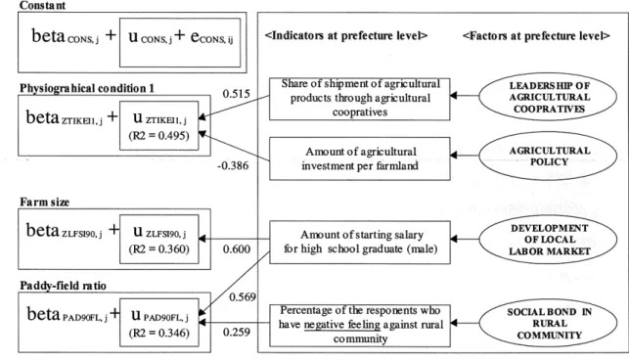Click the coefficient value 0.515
pyautogui.click(x=237, y=94)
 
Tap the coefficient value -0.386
pyautogui.click(x=233, y=165)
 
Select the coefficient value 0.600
pyautogui.click(x=237, y=248)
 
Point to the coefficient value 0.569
pyautogui.click(x=243, y=297)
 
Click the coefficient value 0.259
pyautogui.click(x=237, y=332)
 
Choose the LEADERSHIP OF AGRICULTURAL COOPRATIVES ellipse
pyautogui.click(x=548, y=97)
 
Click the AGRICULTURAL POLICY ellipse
pyautogui.click(x=548, y=156)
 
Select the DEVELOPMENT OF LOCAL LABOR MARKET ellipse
pyautogui.click(x=548, y=240)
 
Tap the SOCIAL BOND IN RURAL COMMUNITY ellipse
pyautogui.click(x=548, y=323)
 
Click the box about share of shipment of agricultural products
pyautogui.click(x=359, y=99)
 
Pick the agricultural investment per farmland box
pyautogui.click(x=359, y=158)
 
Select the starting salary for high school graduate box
pyautogui.click(x=359, y=242)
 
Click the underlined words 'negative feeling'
pyautogui.click(x=341, y=325)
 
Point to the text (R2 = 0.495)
pyautogui.click(x=158, y=136)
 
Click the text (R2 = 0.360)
pyautogui.click(x=158, y=249)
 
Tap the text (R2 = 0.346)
pyautogui.click(x=158, y=333)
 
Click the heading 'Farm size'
pyautogui.click(x=45, y=202)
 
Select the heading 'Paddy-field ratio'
pyautogui.click(x=63, y=286)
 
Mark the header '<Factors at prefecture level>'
pyautogui.click(x=536, y=36)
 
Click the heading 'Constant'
pyautogui.click(x=42, y=5)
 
